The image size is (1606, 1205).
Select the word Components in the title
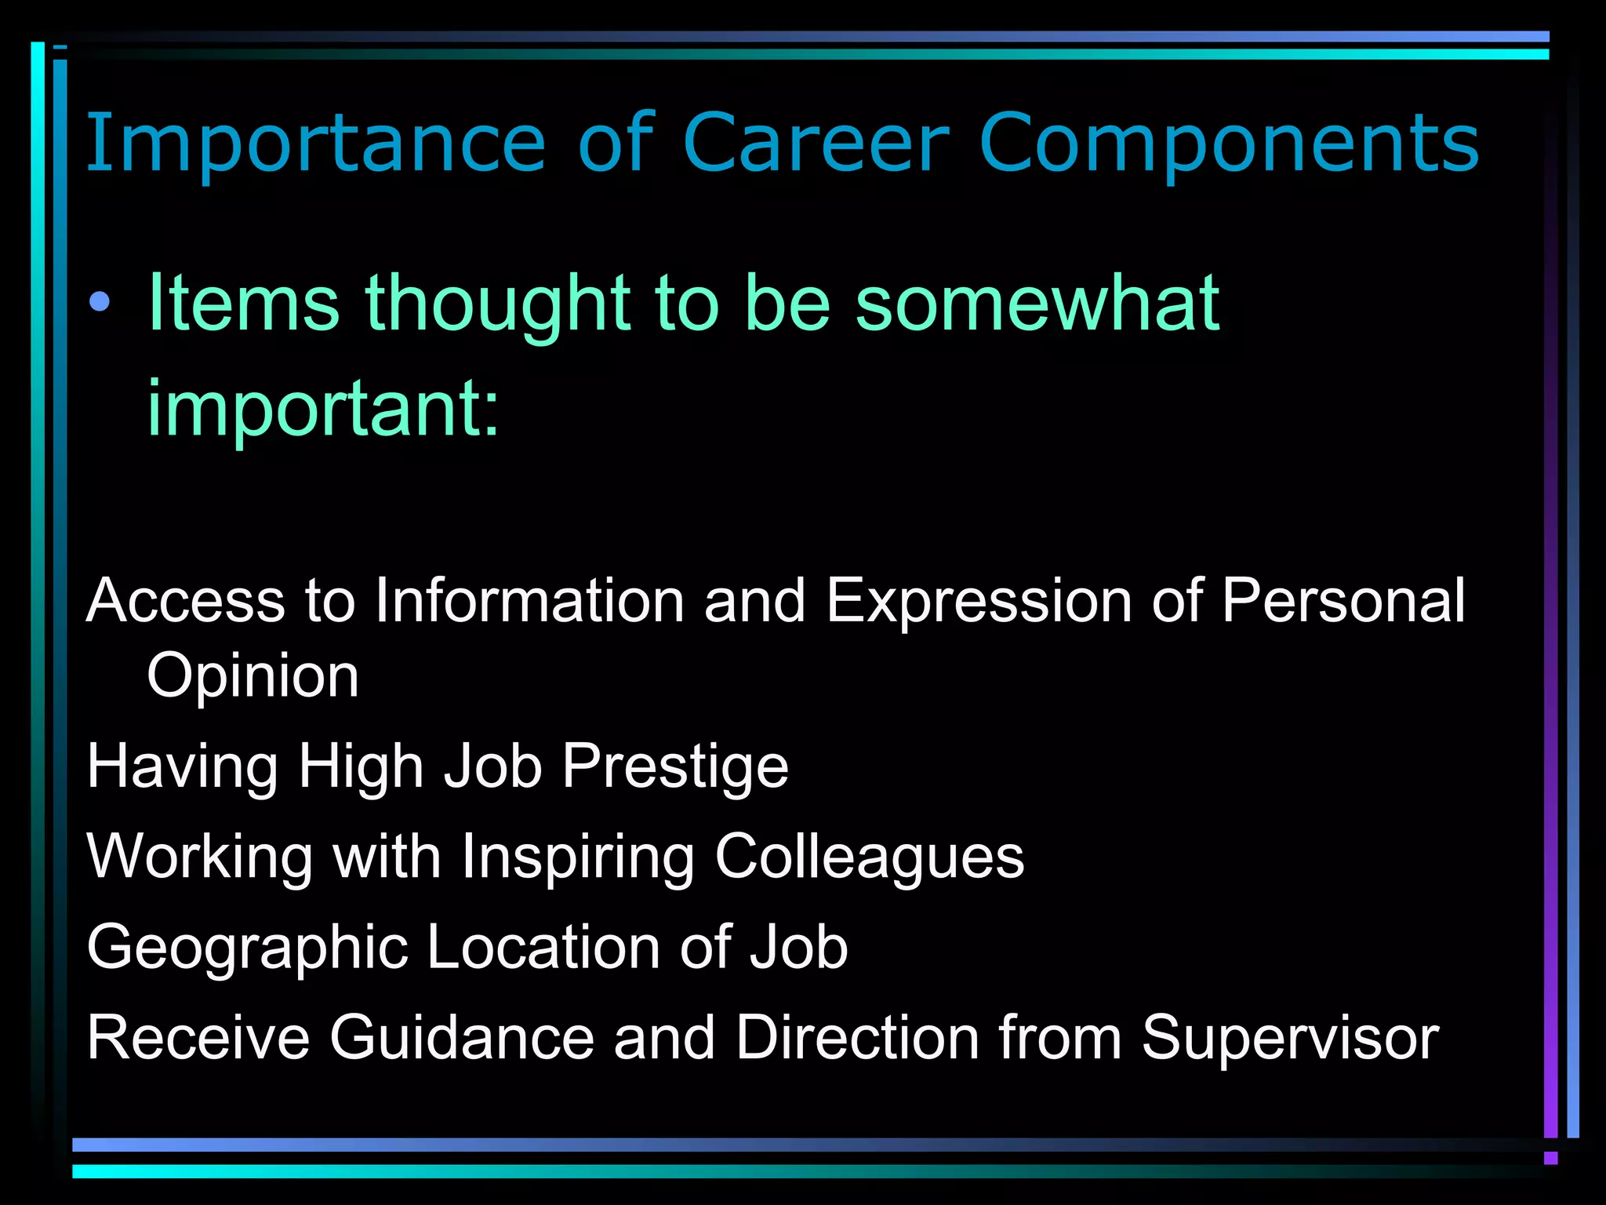1229,145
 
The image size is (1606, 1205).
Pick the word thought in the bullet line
497,304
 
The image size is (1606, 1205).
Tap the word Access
186,600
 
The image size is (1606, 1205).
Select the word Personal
1343,600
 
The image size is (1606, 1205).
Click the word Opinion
253,676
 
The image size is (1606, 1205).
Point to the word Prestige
675,767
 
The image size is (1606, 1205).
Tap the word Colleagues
869,857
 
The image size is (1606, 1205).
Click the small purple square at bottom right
1550,1158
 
